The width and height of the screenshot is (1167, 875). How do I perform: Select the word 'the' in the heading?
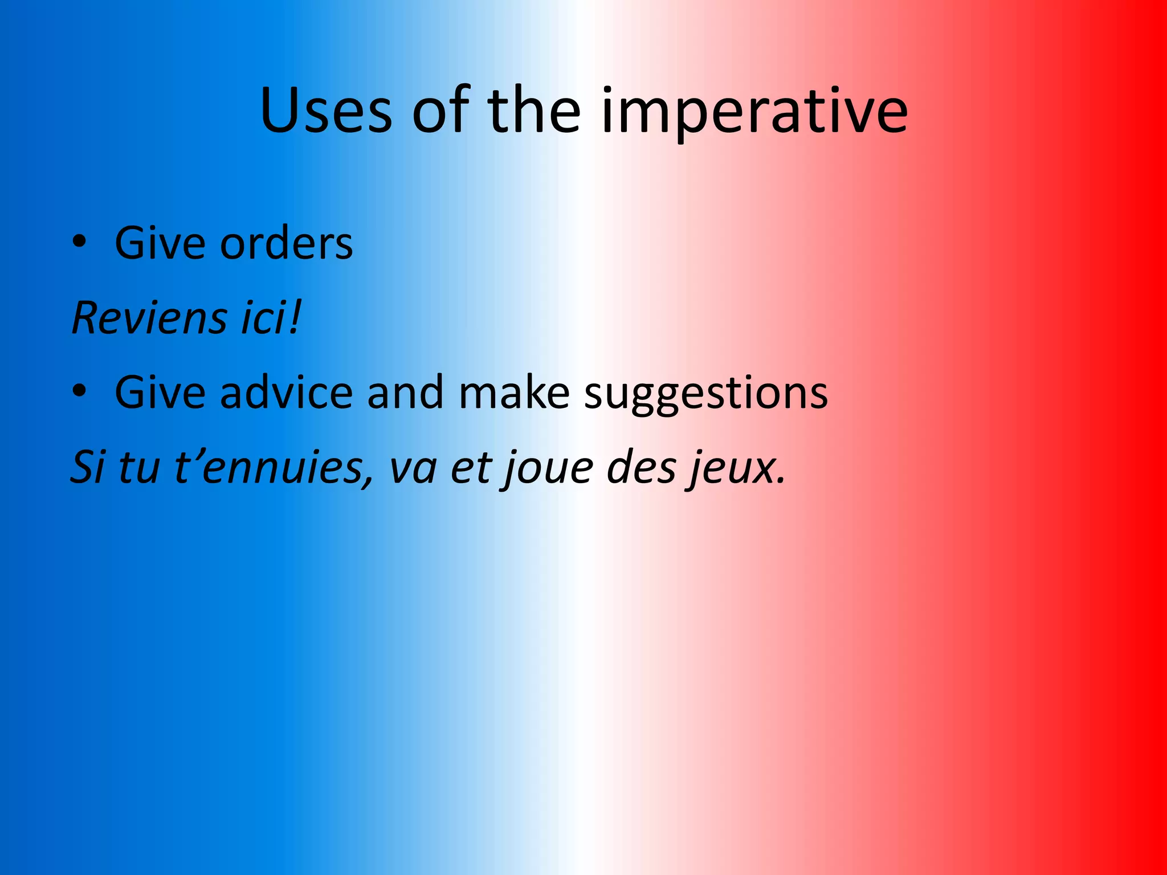tap(534, 111)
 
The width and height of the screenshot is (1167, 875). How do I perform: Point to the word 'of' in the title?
tap(440, 111)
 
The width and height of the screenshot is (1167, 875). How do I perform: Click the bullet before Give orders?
tap(79, 243)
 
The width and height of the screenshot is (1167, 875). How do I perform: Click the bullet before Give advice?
tap(79, 392)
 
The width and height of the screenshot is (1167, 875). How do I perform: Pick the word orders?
tap(286, 244)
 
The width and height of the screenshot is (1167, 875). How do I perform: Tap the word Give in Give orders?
tap(160, 244)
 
